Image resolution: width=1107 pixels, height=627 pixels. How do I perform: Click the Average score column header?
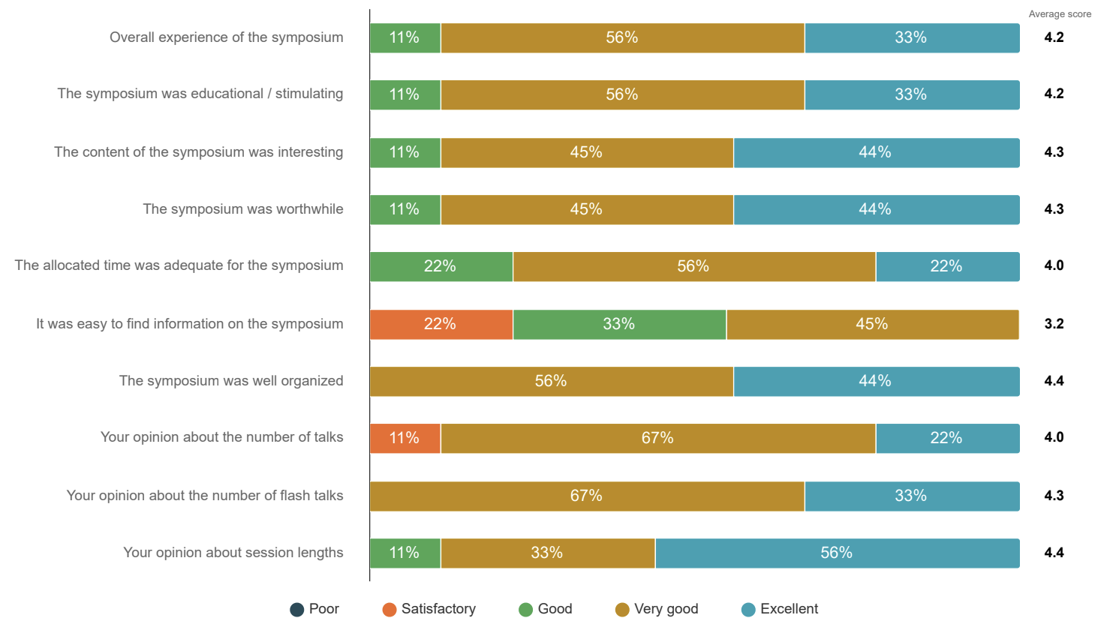click(1060, 14)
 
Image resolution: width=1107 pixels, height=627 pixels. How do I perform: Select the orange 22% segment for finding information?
click(441, 324)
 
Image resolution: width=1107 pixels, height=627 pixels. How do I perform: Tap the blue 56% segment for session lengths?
click(837, 553)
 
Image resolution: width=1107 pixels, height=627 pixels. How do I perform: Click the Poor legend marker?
click(297, 610)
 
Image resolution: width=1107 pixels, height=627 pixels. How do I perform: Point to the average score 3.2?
click(1054, 324)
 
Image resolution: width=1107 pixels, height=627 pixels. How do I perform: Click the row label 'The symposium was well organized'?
click(231, 381)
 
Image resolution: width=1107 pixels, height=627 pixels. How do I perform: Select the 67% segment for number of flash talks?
click(587, 496)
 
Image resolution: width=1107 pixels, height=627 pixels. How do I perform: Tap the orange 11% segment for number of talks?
click(405, 438)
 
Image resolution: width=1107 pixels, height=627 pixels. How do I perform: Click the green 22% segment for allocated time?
click(441, 266)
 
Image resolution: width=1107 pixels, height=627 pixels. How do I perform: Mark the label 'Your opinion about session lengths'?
click(233, 553)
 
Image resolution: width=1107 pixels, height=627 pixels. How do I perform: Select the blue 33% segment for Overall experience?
click(911, 37)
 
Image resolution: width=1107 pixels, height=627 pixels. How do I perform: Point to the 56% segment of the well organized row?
click(551, 381)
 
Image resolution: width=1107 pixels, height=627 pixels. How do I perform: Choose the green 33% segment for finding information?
click(619, 324)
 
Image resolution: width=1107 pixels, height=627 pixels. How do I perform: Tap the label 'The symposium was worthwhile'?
click(243, 209)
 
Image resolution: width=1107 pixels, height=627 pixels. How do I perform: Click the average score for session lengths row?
click(1054, 553)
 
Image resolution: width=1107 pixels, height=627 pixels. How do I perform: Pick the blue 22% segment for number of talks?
click(946, 438)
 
